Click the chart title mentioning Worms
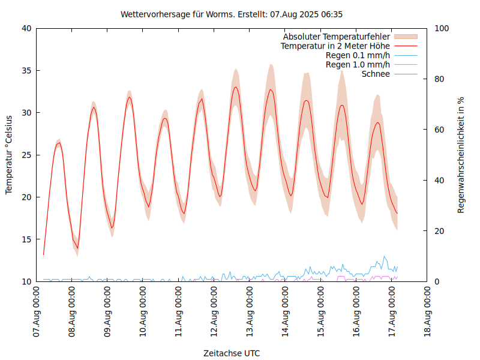coord(232,14)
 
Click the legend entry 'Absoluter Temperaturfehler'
coord(337,37)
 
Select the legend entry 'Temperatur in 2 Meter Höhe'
coord(335,46)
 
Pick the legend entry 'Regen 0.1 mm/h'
coord(358,55)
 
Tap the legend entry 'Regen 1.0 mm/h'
coord(358,64)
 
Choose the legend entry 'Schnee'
coord(376,74)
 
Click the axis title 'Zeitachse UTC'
coord(232,353)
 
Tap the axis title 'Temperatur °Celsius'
coord(9,155)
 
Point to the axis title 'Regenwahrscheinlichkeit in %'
coord(461,155)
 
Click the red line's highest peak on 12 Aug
coord(236,87)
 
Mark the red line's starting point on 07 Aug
coord(43,255)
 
